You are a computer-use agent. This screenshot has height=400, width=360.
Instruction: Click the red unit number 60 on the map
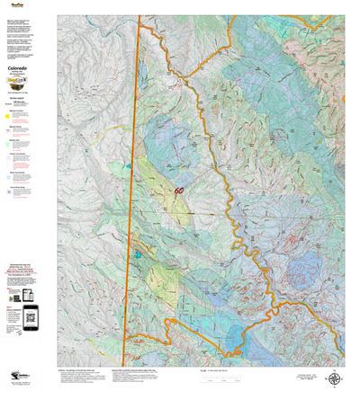[179, 191]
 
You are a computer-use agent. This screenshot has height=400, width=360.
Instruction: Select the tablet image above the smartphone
[27, 295]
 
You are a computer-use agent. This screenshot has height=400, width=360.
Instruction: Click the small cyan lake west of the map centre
[137, 254]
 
